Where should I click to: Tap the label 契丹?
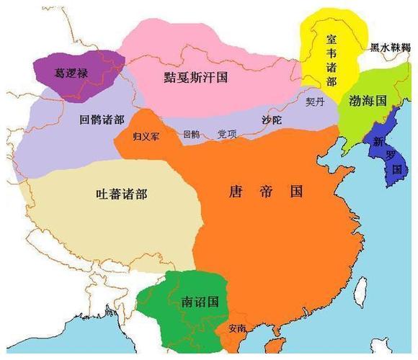tap(315, 102)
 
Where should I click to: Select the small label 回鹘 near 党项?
tap(191, 134)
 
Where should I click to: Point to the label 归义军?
tap(146, 135)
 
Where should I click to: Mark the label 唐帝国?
tap(265, 192)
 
